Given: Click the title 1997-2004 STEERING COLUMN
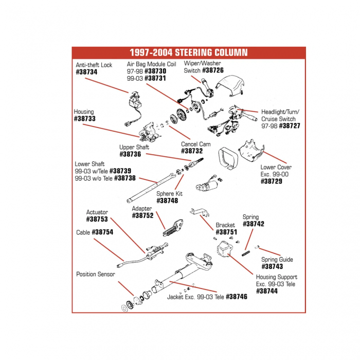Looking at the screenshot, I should pyautogui.click(x=188, y=52).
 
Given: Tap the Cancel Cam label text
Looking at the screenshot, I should pyautogui.click(x=195, y=145).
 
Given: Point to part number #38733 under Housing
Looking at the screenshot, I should pyautogui.click(x=85, y=119).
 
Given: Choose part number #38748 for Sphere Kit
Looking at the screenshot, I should pyautogui.click(x=167, y=201).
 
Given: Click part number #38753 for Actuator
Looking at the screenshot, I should pyautogui.click(x=97, y=219).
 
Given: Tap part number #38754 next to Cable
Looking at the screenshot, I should pyautogui.click(x=102, y=232).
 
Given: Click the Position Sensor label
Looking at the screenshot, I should pyautogui.click(x=96, y=275).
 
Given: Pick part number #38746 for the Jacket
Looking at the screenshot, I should pyautogui.click(x=237, y=297).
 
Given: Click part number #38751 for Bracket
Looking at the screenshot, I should pyautogui.click(x=226, y=232).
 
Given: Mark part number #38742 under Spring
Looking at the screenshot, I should pyautogui.click(x=253, y=224).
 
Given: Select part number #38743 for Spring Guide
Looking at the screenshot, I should pyautogui.click(x=272, y=267).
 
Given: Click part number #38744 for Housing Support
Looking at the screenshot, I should pyautogui.click(x=267, y=291).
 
